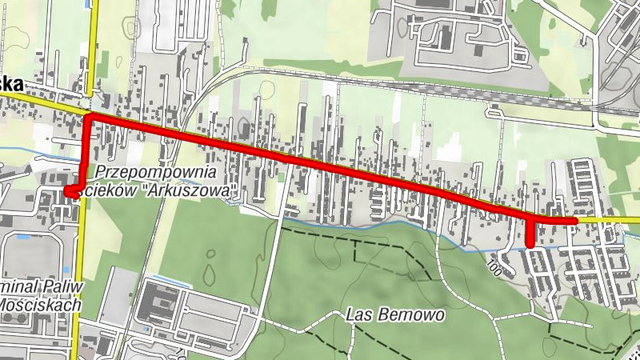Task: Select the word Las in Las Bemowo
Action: point(358,314)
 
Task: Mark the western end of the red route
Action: point(69,192)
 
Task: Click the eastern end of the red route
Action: point(574,220)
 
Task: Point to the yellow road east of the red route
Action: point(608,219)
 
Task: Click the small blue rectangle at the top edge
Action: point(86,3)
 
